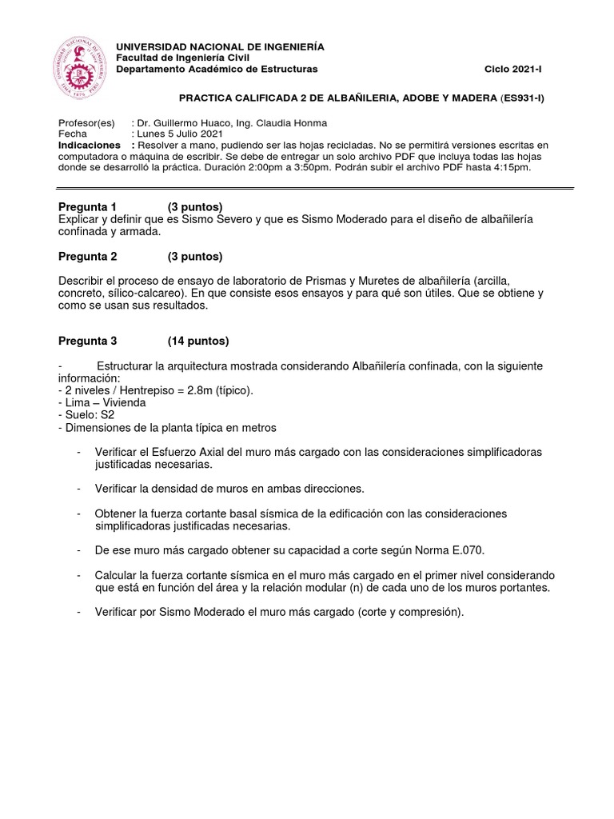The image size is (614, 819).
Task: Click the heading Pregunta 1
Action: coord(88,207)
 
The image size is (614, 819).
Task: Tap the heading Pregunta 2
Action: coord(88,257)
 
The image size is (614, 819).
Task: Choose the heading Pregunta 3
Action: coord(88,341)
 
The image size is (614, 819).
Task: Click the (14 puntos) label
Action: coord(198,341)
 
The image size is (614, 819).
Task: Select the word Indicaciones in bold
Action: coord(90,146)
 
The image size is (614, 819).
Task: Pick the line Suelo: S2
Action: coord(86,415)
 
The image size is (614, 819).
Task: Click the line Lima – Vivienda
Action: coord(102,403)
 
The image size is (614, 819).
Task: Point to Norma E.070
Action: coord(453,551)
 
